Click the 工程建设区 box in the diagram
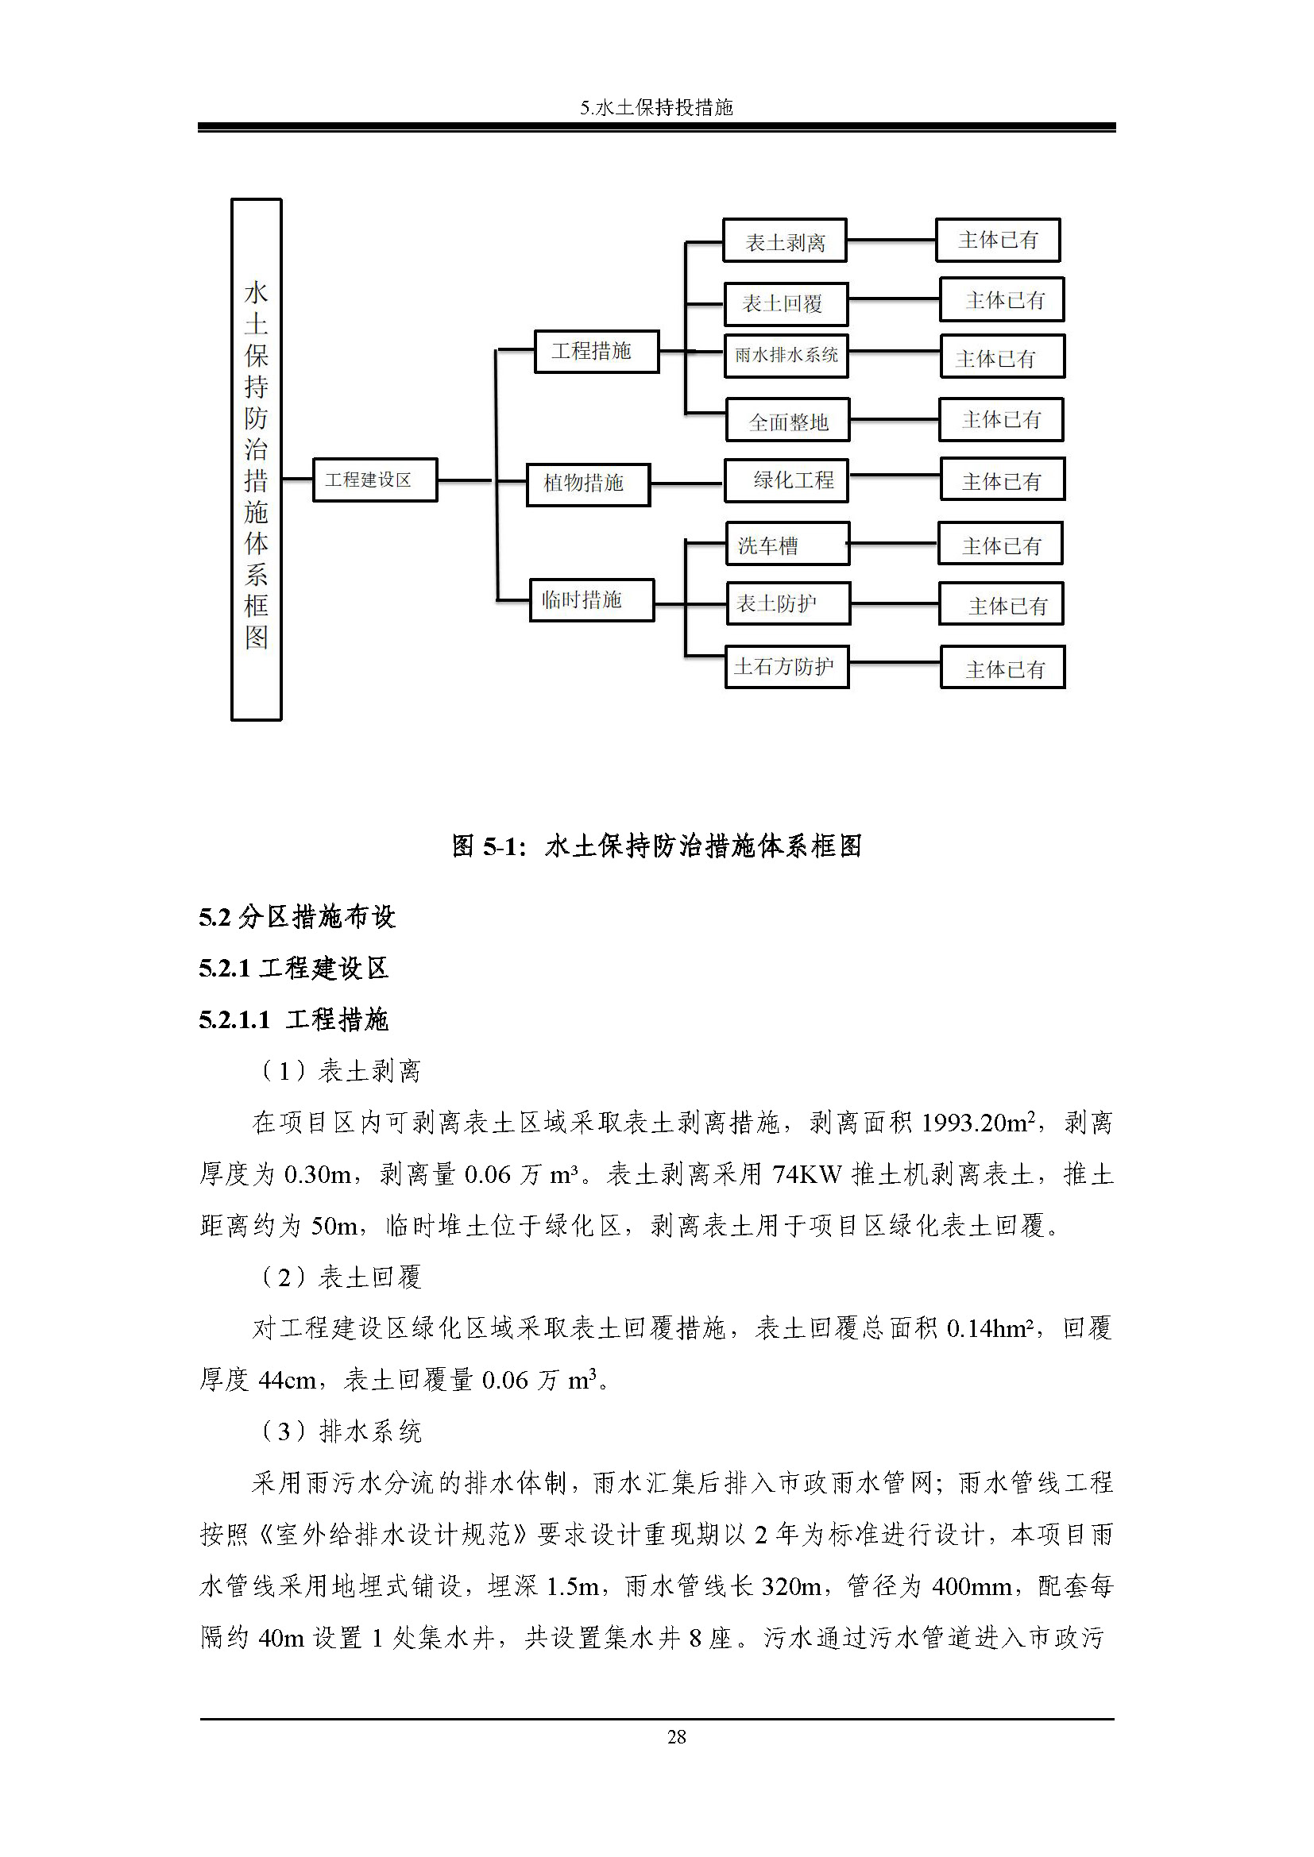(375, 480)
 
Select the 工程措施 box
(597, 351)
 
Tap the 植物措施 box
(587, 484)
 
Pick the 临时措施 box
(592, 600)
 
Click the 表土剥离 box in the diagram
(784, 241)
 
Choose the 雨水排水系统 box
(786, 355)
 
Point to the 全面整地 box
(787, 420)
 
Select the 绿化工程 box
(787, 480)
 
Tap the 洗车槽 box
(787, 544)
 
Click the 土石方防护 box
(786, 666)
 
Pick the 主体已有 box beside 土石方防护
(1002, 667)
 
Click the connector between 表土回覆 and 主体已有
(893, 299)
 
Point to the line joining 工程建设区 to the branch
(465, 480)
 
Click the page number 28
(676, 1736)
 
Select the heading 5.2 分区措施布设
(297, 916)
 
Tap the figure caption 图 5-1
(656, 846)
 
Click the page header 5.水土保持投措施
(656, 107)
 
